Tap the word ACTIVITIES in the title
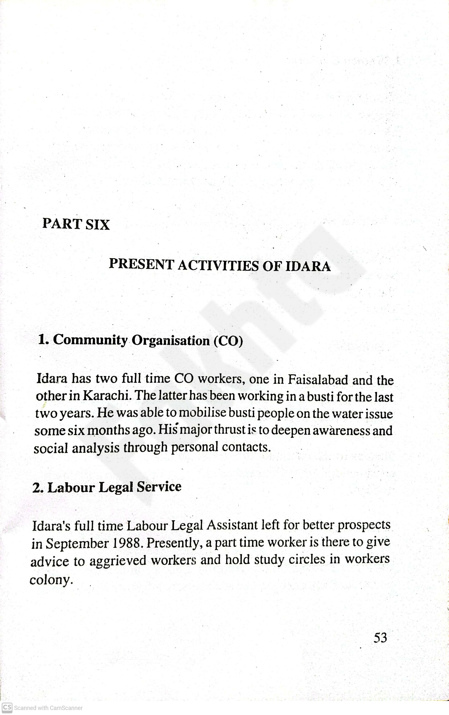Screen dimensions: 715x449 218,265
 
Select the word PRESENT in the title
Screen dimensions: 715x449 141,264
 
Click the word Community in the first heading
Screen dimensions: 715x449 90,340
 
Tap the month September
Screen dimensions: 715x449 77,544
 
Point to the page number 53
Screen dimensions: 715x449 380,637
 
